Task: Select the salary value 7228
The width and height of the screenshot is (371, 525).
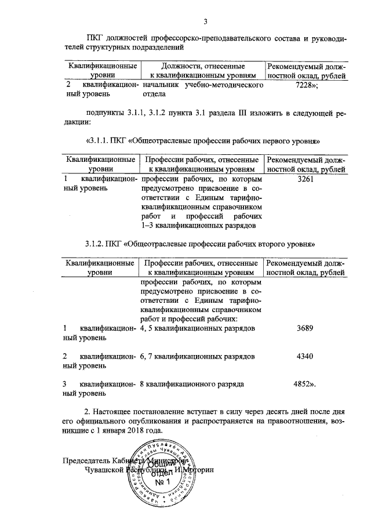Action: coord(305,85)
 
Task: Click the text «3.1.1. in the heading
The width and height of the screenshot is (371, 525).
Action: coord(100,141)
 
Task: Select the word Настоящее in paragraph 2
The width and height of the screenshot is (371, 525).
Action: coord(115,412)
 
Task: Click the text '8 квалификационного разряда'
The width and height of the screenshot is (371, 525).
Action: coord(191,384)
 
